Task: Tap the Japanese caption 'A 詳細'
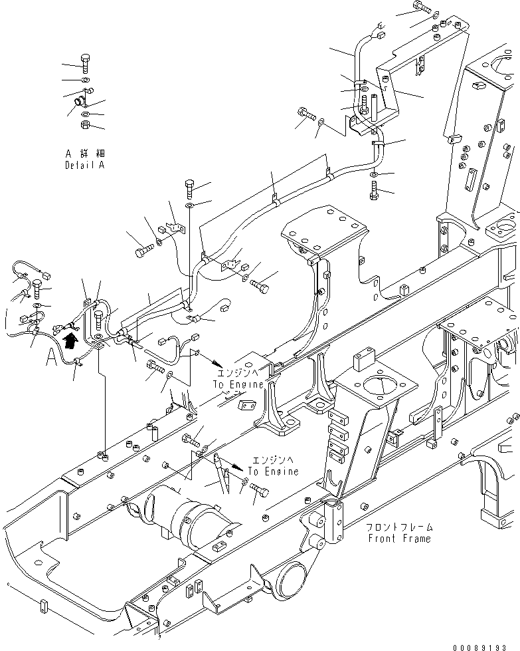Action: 84,152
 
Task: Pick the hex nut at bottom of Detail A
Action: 86,124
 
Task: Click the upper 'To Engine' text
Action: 238,384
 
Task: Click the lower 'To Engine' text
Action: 274,471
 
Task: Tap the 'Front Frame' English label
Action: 398,539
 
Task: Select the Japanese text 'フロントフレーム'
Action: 398,527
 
